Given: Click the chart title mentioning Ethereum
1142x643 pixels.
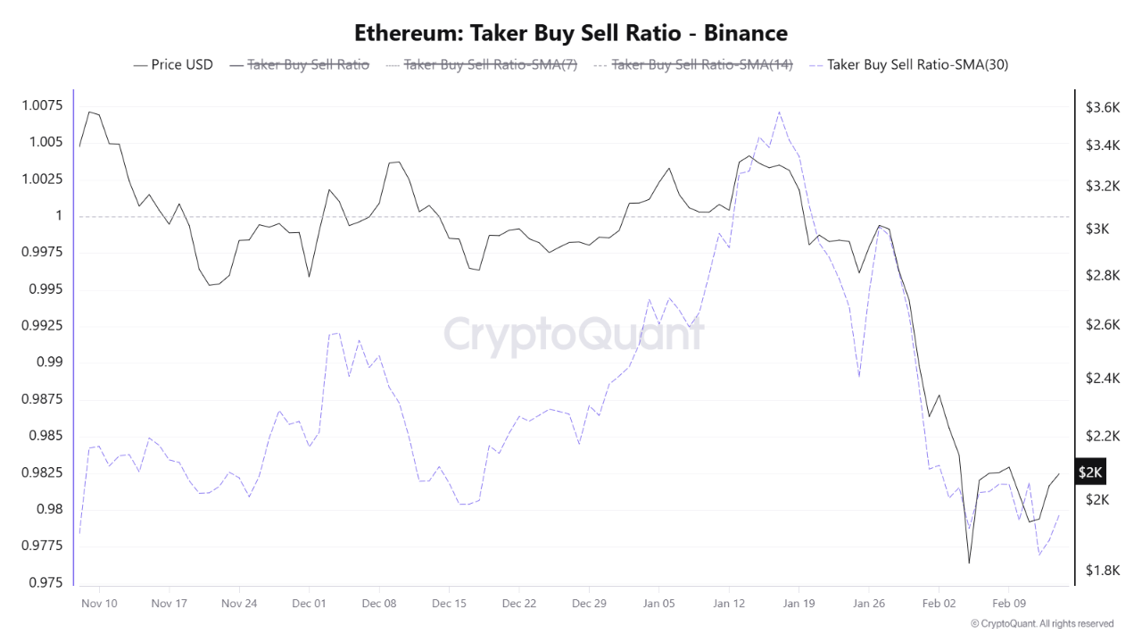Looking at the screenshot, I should [571, 33].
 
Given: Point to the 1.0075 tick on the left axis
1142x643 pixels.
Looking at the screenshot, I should [41, 106].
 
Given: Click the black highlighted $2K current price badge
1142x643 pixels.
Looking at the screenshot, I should [1090, 472].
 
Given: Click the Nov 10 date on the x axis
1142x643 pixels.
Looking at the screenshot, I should [98, 604].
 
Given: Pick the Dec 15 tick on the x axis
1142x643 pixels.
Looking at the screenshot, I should [449, 604].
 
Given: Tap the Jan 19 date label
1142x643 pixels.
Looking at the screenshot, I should [799, 604].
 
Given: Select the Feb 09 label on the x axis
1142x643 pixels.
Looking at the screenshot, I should [1008, 604].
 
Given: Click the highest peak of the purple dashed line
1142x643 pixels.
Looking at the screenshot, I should [779, 112].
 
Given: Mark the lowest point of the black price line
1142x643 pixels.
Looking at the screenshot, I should [969, 564].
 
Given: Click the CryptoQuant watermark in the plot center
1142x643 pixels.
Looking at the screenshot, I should [574, 335].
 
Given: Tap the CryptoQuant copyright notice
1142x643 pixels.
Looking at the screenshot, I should [1041, 623].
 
